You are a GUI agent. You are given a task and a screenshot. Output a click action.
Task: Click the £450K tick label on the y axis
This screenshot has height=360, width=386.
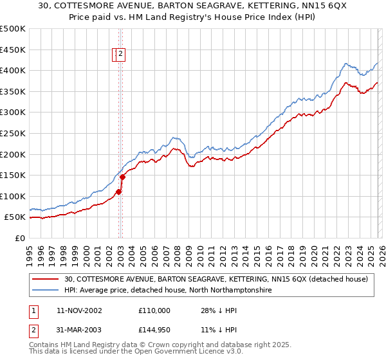(x=13, y=50)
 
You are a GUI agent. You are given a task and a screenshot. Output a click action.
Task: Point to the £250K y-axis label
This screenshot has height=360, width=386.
(x=13, y=134)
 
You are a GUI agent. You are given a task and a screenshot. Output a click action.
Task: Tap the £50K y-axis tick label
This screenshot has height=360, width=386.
(x=15, y=218)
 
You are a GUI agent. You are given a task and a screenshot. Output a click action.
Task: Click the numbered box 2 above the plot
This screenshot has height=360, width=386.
(x=120, y=55)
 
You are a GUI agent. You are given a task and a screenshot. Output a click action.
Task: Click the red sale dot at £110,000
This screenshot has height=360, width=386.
(x=119, y=192)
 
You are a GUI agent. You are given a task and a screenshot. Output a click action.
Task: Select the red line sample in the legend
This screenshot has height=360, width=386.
(x=46, y=279)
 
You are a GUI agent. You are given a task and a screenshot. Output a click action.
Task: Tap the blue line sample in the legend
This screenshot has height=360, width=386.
(x=46, y=291)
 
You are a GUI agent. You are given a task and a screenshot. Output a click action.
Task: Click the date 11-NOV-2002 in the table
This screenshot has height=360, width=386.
(x=79, y=310)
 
